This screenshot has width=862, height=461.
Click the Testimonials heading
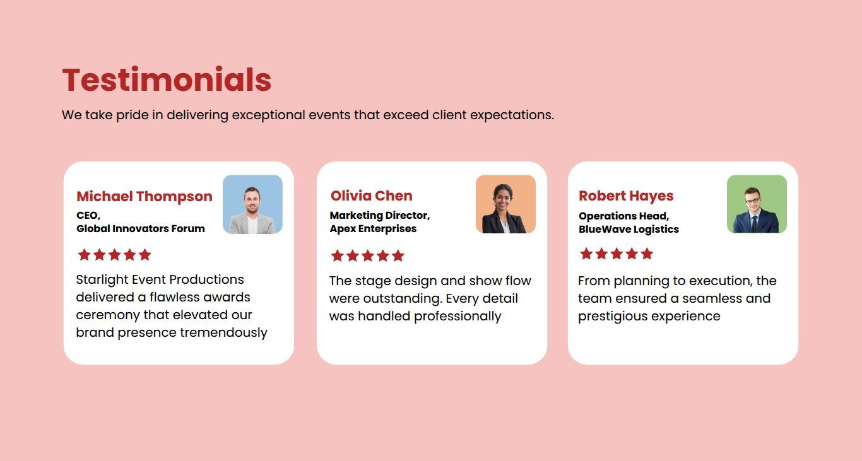[167, 79]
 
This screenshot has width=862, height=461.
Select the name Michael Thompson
[145, 197]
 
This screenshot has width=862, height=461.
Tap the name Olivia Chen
[371, 195]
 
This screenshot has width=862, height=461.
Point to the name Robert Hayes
[626, 195]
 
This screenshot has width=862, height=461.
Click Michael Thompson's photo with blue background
[252, 204]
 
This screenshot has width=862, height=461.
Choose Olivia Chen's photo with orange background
[505, 204]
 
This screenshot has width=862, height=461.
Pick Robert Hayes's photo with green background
[757, 204]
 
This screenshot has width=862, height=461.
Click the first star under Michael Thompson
[85, 255]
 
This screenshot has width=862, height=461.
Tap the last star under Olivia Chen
[398, 255]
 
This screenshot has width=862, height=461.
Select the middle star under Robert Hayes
[617, 254]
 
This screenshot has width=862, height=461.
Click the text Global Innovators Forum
[141, 229]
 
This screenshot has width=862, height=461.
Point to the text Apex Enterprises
[373, 229]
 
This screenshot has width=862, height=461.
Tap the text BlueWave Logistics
[629, 230]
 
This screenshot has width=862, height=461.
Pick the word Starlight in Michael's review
[102, 280]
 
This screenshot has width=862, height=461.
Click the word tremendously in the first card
[223, 332]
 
